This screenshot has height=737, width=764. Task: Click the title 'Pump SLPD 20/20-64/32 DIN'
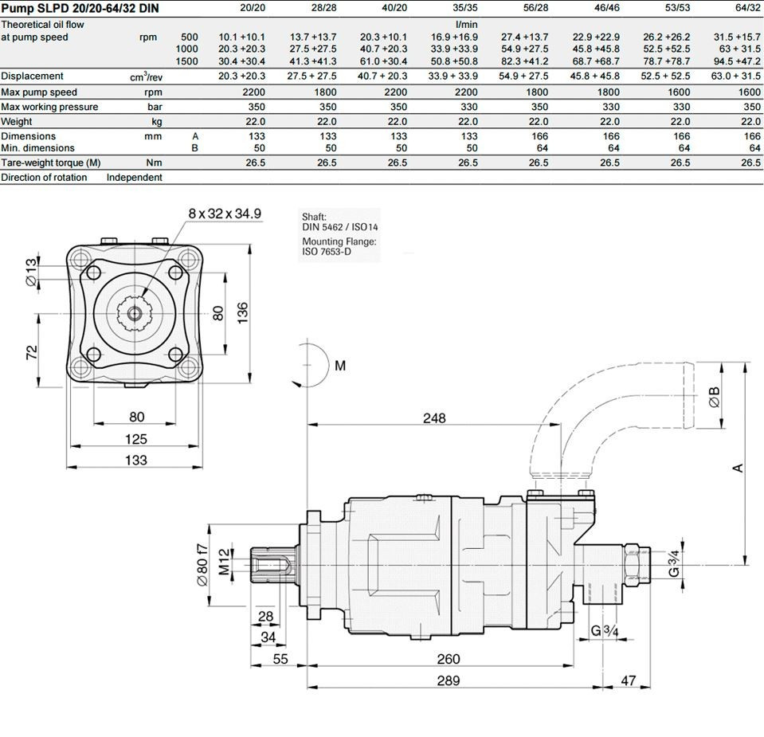click(x=80, y=9)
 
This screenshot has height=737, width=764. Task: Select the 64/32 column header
click(x=746, y=9)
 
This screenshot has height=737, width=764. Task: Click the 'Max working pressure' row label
click(x=50, y=107)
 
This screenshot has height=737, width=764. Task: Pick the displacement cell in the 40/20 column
click(x=383, y=76)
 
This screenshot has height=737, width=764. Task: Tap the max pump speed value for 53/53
click(x=678, y=92)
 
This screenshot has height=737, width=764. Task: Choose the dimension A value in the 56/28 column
click(x=538, y=136)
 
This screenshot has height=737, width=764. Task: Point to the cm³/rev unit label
click(x=146, y=77)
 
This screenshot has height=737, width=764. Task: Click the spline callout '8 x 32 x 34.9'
click(x=225, y=214)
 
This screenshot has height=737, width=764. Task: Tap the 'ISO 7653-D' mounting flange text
click(x=327, y=252)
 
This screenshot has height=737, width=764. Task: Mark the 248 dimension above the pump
click(x=434, y=418)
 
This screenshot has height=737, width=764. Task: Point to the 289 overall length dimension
click(x=448, y=680)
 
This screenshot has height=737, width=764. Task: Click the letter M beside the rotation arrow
click(x=340, y=366)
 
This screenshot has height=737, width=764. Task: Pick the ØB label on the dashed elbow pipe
click(x=715, y=397)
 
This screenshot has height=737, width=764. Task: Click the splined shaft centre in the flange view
click(x=136, y=312)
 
